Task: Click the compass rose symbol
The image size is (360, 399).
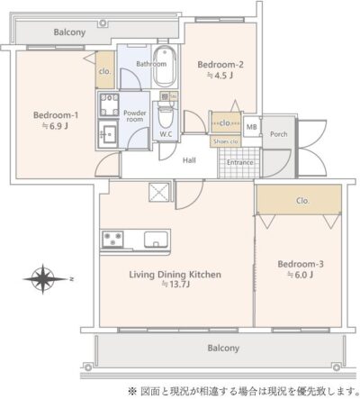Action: (x=43, y=279)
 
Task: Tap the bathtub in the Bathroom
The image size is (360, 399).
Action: (x=165, y=67)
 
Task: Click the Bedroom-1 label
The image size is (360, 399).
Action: (x=56, y=115)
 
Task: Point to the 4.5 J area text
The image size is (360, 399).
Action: (x=220, y=76)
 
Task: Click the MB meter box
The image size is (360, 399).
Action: (x=252, y=127)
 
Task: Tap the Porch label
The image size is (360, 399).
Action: (x=279, y=134)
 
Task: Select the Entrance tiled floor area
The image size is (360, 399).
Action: (x=239, y=162)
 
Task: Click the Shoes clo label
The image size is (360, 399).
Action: (x=226, y=141)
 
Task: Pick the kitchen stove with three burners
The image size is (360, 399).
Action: (x=112, y=239)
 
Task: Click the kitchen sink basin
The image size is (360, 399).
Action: (x=156, y=240)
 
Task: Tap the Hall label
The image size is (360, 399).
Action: (x=189, y=160)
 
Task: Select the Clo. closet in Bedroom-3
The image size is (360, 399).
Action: (x=298, y=200)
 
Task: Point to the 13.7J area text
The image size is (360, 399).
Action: (x=175, y=284)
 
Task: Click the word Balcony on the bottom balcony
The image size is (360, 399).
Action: (x=223, y=348)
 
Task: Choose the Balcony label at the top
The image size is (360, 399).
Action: (x=69, y=32)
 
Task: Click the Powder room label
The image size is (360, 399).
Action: (x=135, y=116)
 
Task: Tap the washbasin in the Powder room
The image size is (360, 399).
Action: (x=108, y=134)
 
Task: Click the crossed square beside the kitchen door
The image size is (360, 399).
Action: (x=158, y=192)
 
